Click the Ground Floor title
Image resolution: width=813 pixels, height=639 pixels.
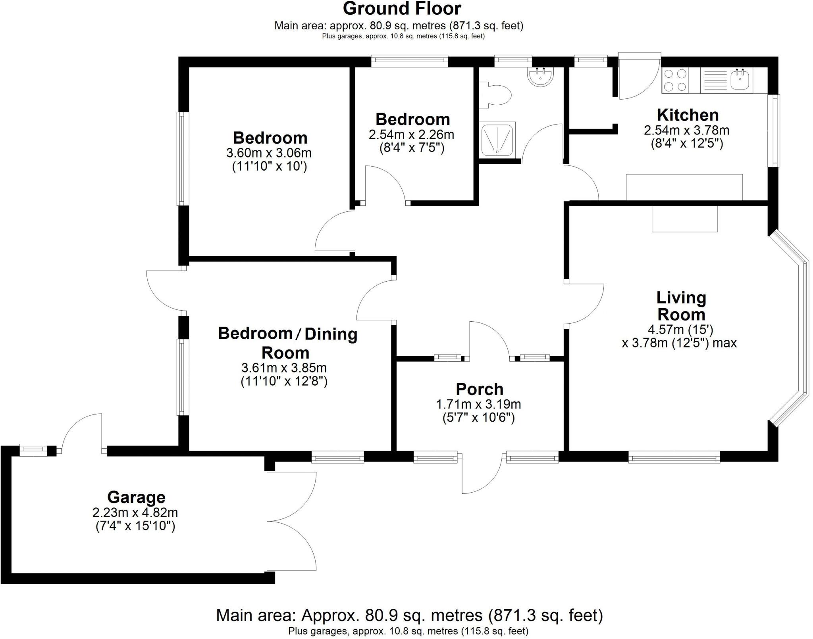(402, 9)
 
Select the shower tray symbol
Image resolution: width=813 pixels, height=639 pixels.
(498, 139)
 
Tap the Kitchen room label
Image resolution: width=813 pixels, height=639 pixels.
(688, 115)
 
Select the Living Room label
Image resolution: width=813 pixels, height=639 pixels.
(681, 306)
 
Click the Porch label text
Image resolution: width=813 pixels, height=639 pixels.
(479, 389)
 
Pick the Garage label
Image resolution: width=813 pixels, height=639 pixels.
(136, 497)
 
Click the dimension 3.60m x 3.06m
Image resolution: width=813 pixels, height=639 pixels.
(269, 153)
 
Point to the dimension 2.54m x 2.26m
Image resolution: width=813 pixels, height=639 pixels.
(411, 135)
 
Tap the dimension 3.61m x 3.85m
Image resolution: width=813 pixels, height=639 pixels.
(284, 368)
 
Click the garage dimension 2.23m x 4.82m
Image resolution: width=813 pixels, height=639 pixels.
(135, 512)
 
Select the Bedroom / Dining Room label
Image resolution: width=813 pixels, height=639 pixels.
(287, 343)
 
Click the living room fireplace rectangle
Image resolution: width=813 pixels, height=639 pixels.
(684, 219)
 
